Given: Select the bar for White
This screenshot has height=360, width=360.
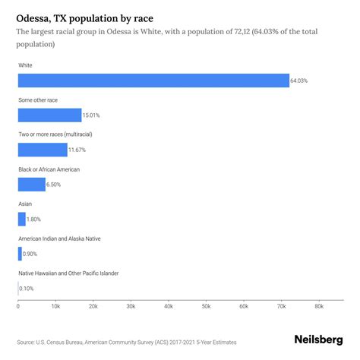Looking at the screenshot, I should point(153,81).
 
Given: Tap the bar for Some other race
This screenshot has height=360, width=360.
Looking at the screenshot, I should point(49,115).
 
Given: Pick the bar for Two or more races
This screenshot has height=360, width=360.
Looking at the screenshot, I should point(43,150).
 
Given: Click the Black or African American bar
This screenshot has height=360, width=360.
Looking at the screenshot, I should point(32,185).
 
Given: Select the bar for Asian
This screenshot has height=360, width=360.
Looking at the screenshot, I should point(22,219).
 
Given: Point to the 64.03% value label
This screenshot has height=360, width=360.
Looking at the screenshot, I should point(300,81).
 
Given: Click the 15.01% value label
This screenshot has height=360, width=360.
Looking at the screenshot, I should point(92,115).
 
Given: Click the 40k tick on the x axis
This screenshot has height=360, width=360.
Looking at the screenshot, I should point(168,307).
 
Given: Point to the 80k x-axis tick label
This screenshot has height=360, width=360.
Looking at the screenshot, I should point(318,307).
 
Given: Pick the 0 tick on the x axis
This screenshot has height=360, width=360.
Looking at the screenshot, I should point(18,307).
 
